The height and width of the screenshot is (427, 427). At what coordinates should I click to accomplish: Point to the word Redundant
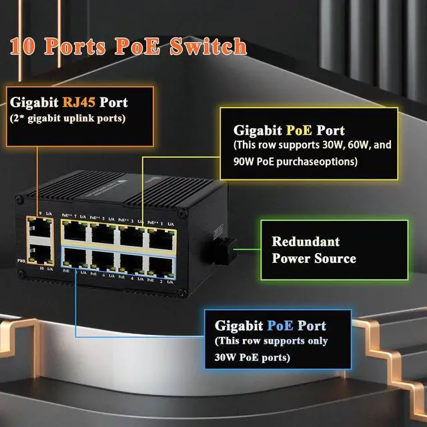pyautogui.click(x=306, y=242)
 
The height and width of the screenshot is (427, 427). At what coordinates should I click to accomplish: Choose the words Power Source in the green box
pyautogui.click(x=314, y=258)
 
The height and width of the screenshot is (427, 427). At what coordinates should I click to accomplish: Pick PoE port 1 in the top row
pyautogui.click(x=161, y=236)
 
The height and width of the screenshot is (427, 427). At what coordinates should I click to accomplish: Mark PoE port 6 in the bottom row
pyautogui.click(x=104, y=259)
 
